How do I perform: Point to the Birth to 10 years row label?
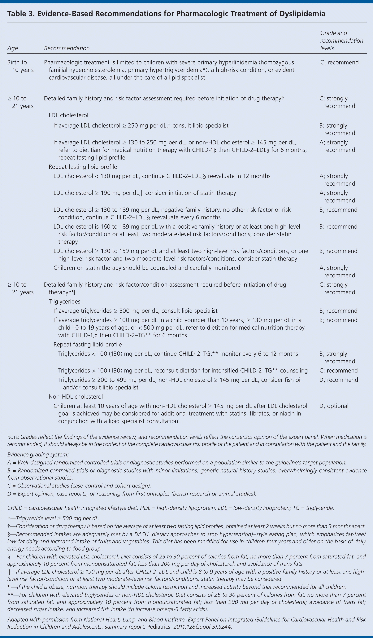tap(20, 66)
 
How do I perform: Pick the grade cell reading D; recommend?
tap(339, 380)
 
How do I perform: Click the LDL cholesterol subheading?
tap(68, 115)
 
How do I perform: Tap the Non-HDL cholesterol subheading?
tap(76, 397)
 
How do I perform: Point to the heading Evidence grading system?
tap(38, 455)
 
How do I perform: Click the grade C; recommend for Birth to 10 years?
tap(339, 63)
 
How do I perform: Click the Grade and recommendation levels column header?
tap(341, 41)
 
